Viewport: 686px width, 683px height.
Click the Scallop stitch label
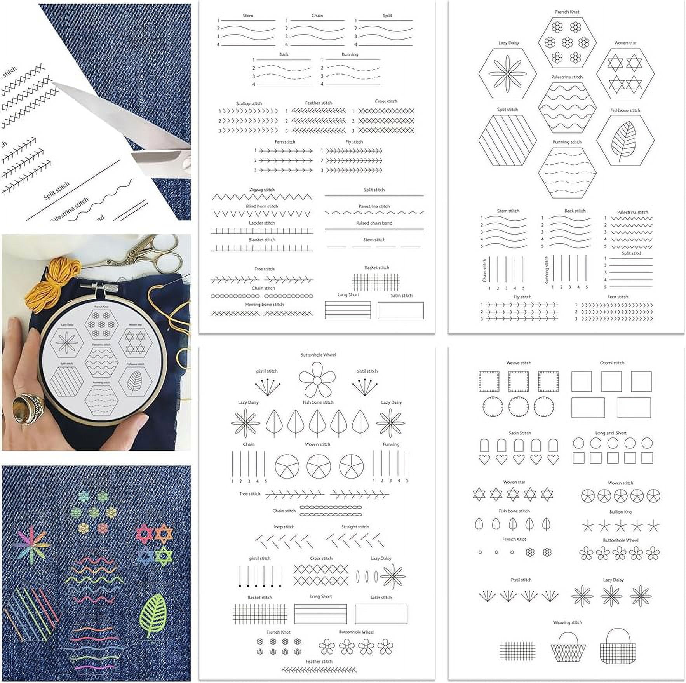pos(249,103)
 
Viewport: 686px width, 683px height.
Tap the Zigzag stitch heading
pos(262,190)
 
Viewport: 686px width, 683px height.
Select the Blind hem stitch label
pos(262,206)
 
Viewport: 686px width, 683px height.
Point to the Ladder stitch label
pos(262,223)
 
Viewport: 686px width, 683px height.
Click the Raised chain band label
pos(374,223)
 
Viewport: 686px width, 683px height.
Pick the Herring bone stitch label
pos(265,305)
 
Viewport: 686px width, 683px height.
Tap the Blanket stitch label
pos(262,240)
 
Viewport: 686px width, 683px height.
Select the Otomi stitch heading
pos(612,363)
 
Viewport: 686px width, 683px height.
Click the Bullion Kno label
pos(620,512)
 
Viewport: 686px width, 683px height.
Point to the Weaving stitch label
pos(568,622)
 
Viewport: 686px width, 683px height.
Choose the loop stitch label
pos(284,527)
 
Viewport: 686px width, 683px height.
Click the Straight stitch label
pos(355,527)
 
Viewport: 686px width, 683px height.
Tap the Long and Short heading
pos(611,433)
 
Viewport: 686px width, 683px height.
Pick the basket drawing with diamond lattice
pos(568,646)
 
